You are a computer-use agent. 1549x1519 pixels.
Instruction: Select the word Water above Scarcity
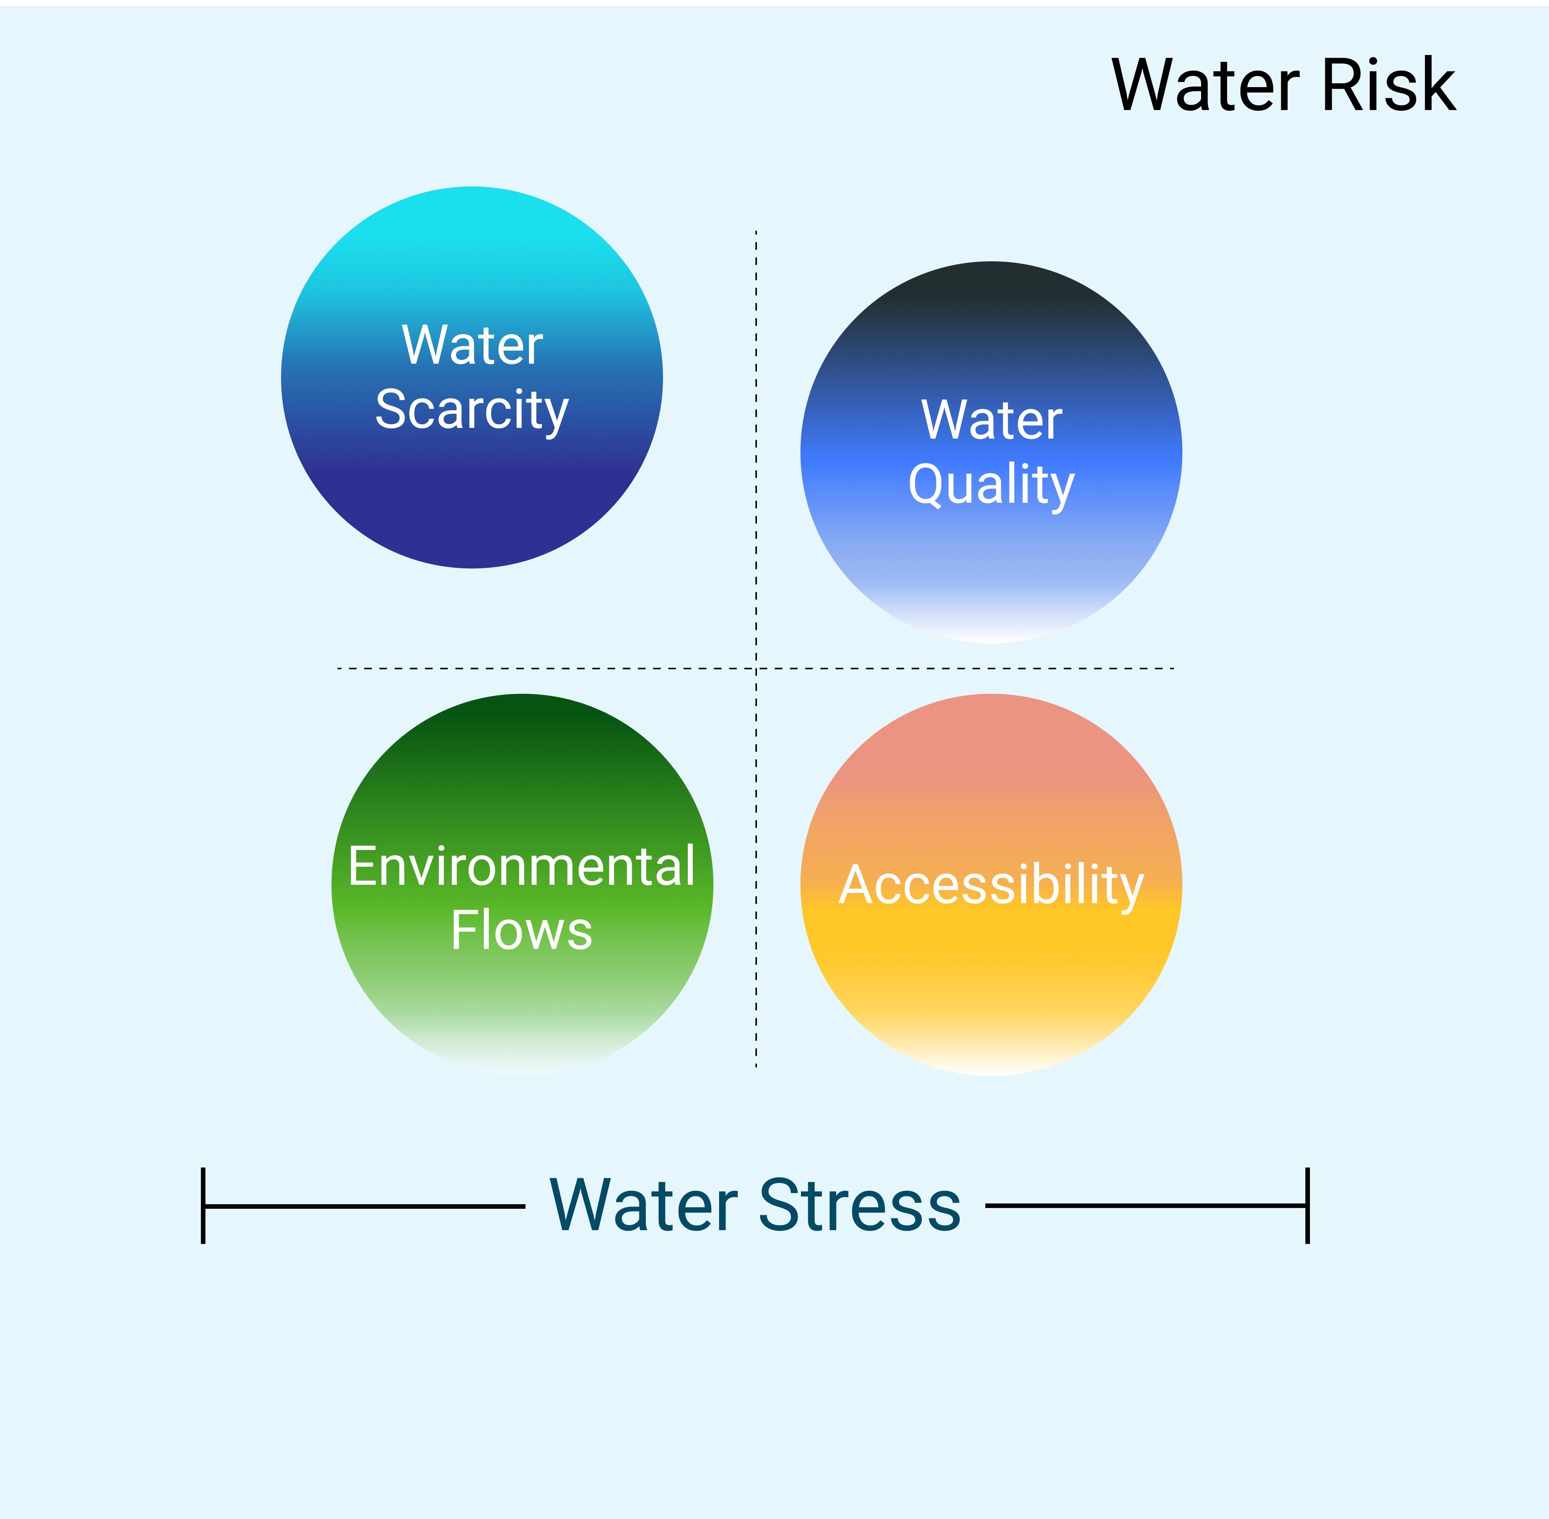(472, 345)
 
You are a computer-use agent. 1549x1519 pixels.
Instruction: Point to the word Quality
(991, 486)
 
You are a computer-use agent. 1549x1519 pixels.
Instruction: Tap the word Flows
(522, 930)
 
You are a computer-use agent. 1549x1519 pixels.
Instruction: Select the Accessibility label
(991, 886)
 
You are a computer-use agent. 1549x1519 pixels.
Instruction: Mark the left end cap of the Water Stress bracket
(204, 1205)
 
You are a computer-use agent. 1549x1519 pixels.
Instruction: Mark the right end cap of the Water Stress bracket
(1307, 1205)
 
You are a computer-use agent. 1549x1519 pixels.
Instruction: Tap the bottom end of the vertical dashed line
(756, 1067)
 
